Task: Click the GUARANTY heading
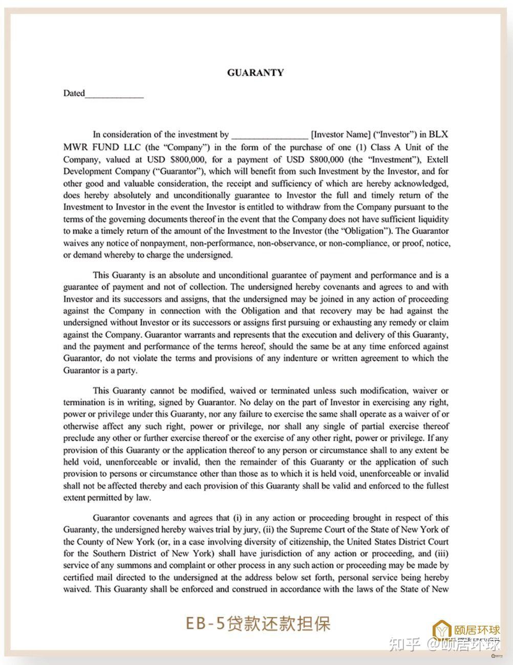coord(255,73)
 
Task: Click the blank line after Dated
coord(114,95)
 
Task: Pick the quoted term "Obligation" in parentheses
coord(365,231)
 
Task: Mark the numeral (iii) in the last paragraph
coord(441,553)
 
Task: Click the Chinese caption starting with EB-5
coord(258,624)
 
